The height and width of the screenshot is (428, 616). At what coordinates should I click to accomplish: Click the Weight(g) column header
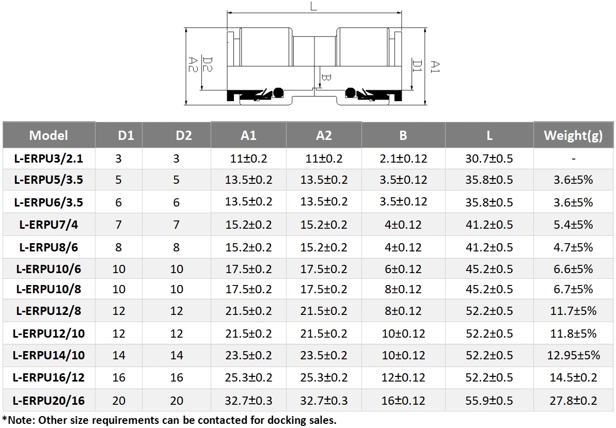573,135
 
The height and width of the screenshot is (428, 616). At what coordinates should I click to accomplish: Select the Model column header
49,135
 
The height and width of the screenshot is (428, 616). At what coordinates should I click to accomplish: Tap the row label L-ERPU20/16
49,401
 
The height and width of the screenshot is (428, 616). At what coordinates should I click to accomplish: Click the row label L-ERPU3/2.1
49,158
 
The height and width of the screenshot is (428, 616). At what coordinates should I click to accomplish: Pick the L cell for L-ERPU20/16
489,401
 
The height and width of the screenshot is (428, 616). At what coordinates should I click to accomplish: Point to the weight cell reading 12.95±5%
573,355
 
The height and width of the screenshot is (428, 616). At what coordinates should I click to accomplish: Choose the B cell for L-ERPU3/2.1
403,158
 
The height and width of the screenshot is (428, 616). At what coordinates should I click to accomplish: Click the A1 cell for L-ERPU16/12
248,378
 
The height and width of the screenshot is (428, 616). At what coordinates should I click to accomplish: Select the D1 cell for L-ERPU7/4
119,225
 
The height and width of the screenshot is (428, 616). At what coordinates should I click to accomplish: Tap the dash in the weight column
573,159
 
